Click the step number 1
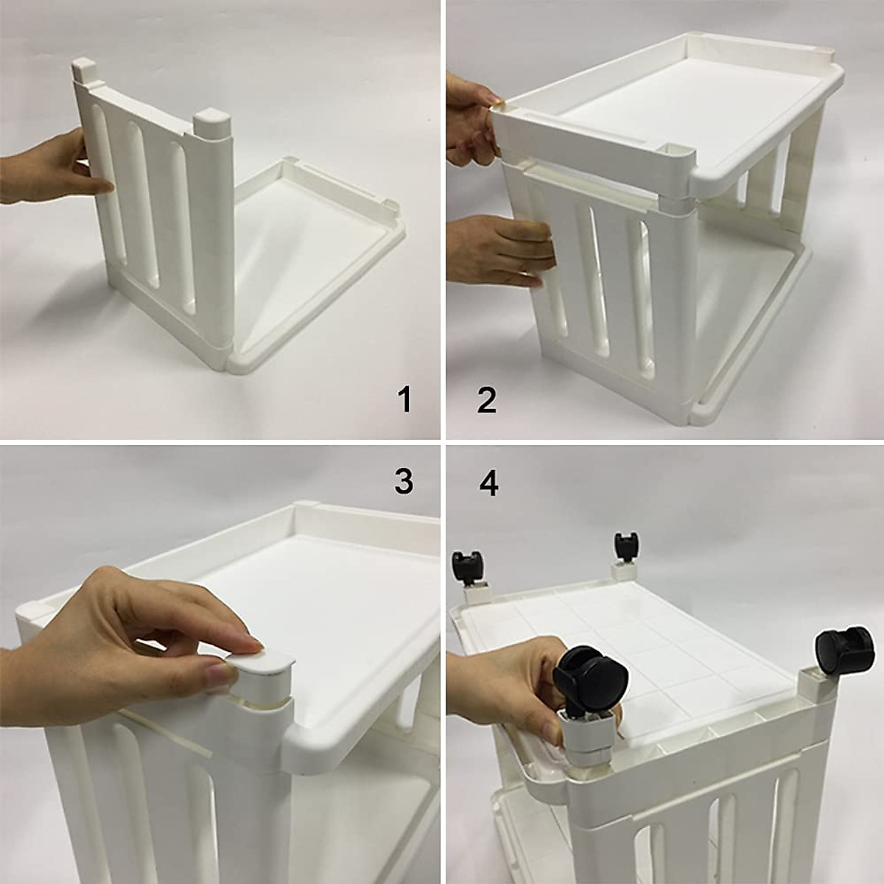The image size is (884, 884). [404, 399]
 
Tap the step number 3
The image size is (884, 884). [404, 482]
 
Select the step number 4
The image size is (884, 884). [488, 482]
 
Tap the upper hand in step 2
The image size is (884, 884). [472, 124]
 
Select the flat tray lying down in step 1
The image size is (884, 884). [317, 257]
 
